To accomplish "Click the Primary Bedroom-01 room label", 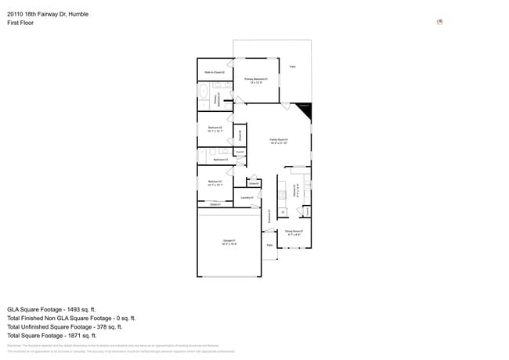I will click(256, 80).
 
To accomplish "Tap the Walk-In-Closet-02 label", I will click(215, 72).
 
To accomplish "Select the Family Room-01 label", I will click(280, 141).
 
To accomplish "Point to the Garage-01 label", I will click(229, 242).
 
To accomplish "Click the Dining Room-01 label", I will click(293, 232).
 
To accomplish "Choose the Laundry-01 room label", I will click(246, 198).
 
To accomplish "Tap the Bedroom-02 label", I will click(215, 129).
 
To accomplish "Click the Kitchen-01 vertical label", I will click(294, 189).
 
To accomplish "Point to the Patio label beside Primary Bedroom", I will click(293, 67).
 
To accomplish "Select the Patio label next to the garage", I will click(269, 246).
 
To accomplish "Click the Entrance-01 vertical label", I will click(269, 215).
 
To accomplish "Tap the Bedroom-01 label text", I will click(215, 183).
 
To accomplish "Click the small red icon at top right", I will click(439, 21).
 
